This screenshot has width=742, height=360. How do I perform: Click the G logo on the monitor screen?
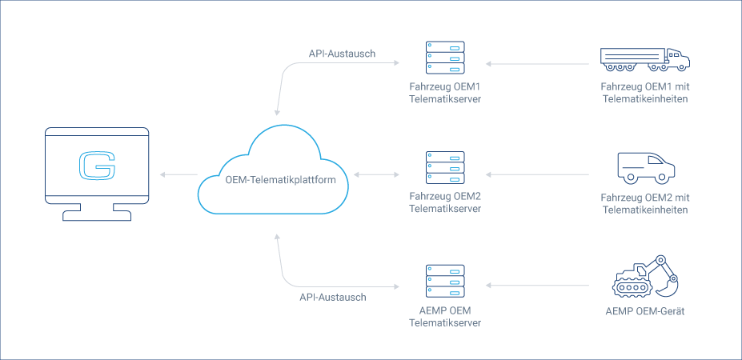point(97,166)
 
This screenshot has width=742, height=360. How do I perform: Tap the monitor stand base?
point(97,215)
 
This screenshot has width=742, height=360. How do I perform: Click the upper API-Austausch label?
point(342,54)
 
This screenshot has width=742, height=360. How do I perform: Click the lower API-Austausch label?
point(332,297)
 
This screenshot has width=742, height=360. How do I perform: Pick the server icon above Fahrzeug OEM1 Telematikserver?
point(444,57)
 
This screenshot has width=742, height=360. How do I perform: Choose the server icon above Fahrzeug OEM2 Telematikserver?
point(444,169)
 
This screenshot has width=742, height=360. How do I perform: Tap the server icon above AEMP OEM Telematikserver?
point(444,281)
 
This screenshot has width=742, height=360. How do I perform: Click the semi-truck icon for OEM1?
point(644,57)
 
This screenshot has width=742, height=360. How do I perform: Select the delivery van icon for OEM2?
point(645,167)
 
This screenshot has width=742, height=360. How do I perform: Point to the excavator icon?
point(645,276)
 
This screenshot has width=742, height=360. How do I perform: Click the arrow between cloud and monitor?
point(178,174)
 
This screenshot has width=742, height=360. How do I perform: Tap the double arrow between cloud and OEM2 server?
point(375,174)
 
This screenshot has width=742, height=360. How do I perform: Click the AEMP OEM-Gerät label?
point(644,310)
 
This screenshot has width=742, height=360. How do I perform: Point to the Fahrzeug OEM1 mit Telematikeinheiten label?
point(644,92)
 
